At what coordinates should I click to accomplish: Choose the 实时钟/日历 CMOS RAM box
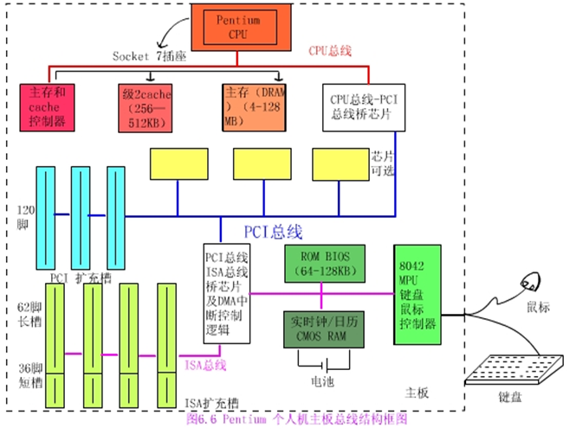[325, 329]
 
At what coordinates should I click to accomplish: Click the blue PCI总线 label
[272, 232]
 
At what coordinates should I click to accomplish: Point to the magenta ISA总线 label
[204, 365]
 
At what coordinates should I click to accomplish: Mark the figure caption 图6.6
[295, 419]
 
